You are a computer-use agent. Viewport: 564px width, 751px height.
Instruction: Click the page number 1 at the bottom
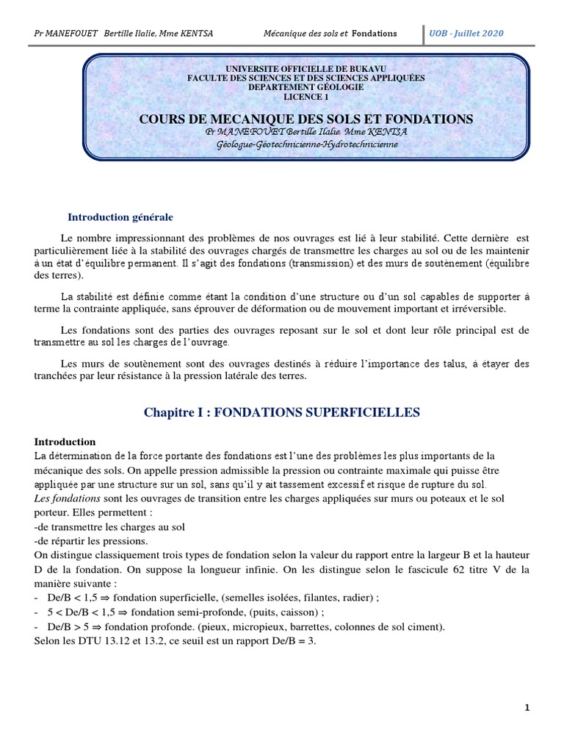[x=527, y=708]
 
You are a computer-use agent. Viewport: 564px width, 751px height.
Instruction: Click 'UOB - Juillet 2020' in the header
[x=467, y=33]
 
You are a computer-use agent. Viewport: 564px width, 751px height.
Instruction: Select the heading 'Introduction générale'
[x=120, y=217]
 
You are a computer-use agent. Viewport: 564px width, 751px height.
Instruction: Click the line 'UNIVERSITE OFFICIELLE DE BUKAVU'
[x=305, y=68]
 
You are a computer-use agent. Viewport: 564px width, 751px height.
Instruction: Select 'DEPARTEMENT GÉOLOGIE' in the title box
[x=305, y=87]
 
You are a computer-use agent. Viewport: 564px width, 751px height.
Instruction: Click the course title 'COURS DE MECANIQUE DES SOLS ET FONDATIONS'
[x=306, y=119]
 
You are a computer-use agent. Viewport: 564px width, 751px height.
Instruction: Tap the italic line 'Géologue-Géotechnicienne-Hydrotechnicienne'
[x=306, y=144]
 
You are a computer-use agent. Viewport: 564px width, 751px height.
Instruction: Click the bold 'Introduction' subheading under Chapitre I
[x=65, y=442]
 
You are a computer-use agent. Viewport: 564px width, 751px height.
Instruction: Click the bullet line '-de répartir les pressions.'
[x=91, y=541]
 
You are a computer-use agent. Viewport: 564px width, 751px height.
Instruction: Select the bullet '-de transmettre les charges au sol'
[x=109, y=527]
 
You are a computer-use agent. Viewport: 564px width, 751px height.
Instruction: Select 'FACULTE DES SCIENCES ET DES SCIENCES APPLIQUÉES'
[x=305, y=78]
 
